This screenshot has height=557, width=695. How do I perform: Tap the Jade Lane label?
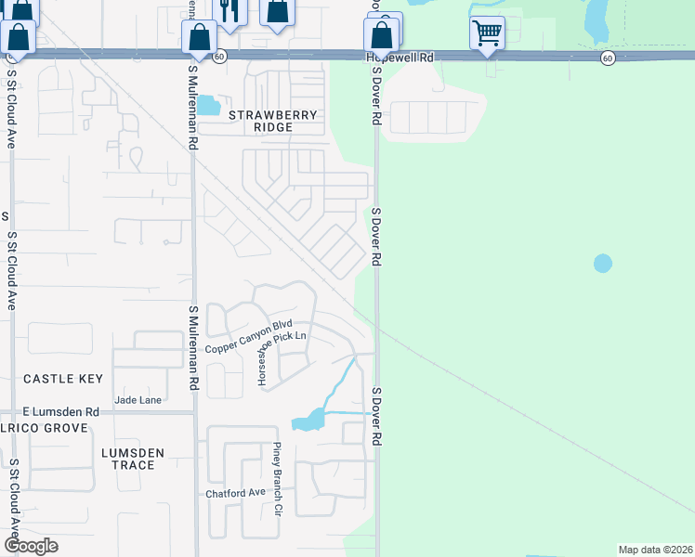point(138,400)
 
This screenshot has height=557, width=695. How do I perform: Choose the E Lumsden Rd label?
point(61,411)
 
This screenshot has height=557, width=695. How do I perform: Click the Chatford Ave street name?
point(235,492)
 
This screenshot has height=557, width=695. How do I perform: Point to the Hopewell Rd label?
point(400,57)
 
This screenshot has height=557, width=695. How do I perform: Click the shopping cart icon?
point(487,33)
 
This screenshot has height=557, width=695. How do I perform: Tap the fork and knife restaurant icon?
point(229,11)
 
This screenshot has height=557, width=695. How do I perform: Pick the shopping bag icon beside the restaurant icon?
point(277,11)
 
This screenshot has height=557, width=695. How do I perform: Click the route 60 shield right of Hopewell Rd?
point(607,58)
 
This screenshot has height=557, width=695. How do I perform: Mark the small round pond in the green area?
point(603,264)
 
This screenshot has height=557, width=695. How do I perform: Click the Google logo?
point(31,546)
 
